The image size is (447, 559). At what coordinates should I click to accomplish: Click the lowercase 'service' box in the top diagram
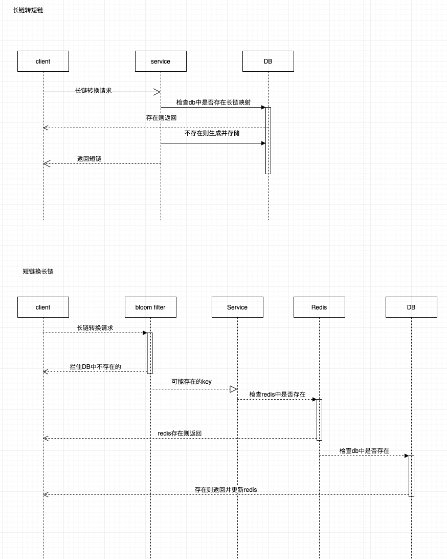point(161,61)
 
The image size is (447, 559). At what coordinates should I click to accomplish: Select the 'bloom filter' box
point(150,307)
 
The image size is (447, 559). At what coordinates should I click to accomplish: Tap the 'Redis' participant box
point(319,307)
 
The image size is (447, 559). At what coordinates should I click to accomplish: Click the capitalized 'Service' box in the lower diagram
point(237,307)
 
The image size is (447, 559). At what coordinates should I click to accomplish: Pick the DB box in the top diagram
point(268,61)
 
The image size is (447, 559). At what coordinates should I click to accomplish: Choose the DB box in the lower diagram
point(411,307)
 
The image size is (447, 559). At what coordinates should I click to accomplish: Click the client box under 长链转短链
point(43,61)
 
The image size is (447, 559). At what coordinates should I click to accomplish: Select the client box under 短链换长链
point(43,307)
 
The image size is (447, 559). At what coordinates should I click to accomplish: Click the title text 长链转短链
point(28,10)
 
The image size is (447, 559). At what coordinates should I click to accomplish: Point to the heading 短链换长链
point(38,272)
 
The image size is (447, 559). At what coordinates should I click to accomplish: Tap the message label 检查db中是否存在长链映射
point(213,102)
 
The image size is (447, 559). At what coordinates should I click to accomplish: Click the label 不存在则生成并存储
point(212,133)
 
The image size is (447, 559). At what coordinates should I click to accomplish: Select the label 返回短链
point(89,159)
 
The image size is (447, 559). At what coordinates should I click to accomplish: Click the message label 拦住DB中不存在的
point(95,367)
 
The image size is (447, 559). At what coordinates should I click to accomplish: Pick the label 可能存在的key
point(191,382)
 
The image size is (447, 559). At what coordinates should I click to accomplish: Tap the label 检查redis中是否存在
point(277,395)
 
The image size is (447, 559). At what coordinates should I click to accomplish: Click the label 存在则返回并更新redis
point(226,490)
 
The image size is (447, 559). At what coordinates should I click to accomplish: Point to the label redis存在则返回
point(180,433)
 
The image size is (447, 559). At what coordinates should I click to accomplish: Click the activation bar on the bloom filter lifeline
point(150,353)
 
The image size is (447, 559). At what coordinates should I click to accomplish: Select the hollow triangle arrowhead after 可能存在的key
point(233,389)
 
